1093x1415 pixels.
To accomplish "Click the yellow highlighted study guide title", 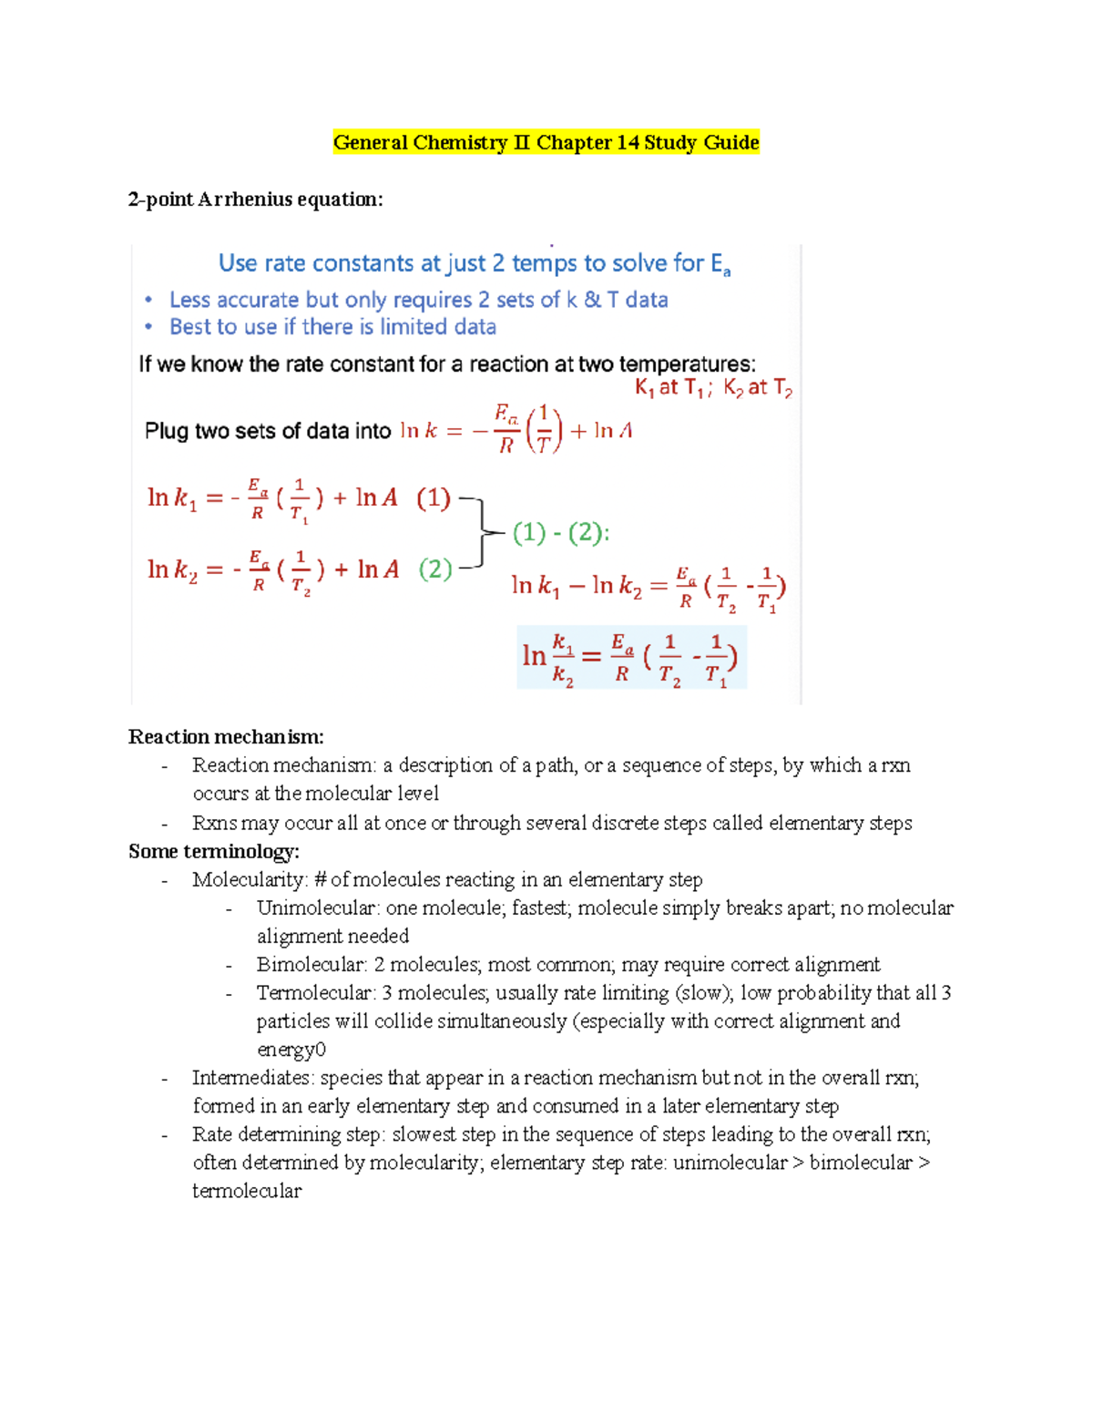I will (546, 142).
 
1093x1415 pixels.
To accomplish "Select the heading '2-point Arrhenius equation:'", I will (255, 200).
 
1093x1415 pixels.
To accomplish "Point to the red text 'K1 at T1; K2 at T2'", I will (713, 388).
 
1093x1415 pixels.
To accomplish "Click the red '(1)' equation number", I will (434, 497).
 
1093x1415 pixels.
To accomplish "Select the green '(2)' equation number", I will (435, 569).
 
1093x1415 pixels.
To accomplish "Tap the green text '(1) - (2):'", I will (560, 532).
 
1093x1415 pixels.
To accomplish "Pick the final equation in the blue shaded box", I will (631, 657).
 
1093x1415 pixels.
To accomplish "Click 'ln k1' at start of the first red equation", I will (171, 498).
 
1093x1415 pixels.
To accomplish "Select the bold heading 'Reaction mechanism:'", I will (226, 736).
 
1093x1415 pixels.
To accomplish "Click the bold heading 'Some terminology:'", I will (214, 851).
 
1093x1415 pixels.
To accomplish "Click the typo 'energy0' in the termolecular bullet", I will (291, 1050).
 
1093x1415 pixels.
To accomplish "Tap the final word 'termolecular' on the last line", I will (246, 1191).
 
